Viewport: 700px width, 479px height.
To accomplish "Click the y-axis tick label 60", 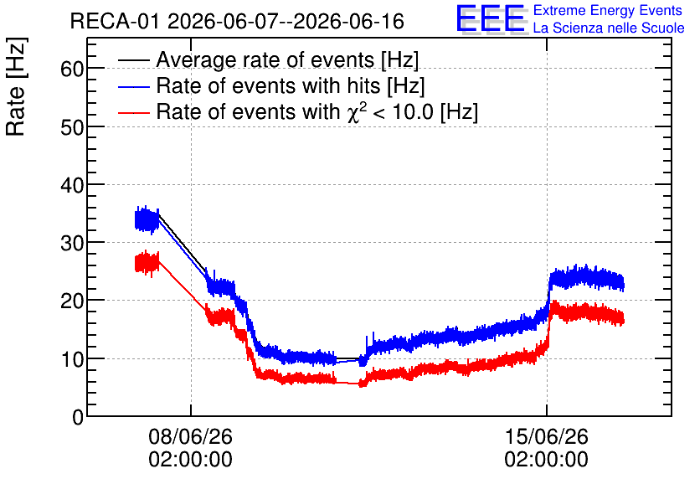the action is [71, 70].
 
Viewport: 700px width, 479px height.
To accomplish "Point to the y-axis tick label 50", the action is [71, 127].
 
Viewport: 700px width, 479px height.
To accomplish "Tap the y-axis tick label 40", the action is [71, 185].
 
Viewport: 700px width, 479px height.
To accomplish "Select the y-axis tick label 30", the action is [71, 243].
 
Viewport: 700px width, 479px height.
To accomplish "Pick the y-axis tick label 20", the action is [71, 301].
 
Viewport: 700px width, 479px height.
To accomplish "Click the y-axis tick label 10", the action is [71, 359].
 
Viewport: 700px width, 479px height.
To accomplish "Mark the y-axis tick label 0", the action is [78, 417].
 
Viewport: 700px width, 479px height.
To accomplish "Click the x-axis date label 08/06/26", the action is [191, 436].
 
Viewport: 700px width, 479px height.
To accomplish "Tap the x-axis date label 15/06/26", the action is [547, 436].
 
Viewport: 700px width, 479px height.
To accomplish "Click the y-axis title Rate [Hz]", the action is [16, 86].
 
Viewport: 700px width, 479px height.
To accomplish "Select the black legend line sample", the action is [133, 60].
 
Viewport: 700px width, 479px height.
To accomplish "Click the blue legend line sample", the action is [133, 86].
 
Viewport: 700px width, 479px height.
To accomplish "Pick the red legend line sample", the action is [133, 112].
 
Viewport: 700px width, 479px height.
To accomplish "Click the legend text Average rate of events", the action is [265, 59].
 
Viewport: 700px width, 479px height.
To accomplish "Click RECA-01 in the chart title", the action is [114, 22].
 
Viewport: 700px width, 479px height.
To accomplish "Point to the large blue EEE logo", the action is [491, 18].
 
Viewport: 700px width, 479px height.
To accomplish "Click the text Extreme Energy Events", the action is [608, 10].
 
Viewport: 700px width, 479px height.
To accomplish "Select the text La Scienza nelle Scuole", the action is [609, 28].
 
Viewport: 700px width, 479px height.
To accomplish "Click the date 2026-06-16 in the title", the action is [349, 22].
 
